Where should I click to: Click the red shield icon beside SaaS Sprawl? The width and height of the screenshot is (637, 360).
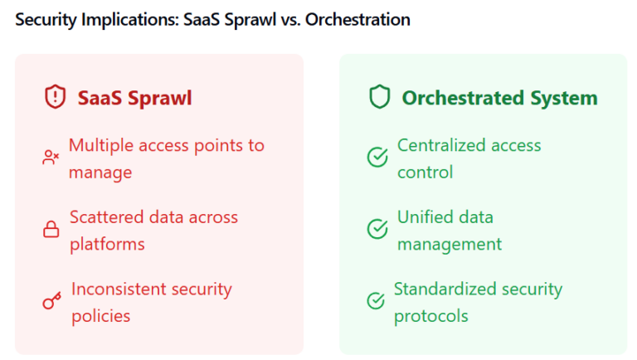click(55, 98)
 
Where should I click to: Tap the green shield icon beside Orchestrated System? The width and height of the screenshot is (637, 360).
click(379, 98)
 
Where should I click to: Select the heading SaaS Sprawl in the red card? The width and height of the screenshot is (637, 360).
click(134, 98)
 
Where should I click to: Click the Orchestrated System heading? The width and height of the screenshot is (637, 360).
click(499, 98)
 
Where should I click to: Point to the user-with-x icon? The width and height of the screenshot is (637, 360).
click(51, 157)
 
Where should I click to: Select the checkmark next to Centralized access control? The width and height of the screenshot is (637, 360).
click(377, 157)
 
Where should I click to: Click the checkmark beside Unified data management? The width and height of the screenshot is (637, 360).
click(377, 229)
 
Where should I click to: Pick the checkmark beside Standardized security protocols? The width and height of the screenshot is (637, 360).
click(376, 301)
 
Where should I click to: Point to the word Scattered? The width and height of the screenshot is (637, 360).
click(105, 217)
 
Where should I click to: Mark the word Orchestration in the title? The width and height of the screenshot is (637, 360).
click(357, 19)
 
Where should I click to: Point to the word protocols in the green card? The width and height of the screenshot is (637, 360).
click(430, 316)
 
